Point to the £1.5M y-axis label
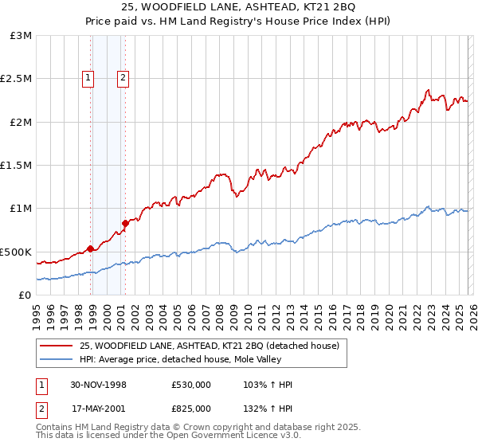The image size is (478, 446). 16,166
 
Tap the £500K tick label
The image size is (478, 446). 16,252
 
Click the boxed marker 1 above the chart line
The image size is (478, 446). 88,78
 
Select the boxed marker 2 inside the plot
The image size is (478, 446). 123,78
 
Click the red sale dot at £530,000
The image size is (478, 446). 91,248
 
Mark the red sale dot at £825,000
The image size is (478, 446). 125,223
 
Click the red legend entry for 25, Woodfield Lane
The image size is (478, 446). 209,346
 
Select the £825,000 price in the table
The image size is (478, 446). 191,408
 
